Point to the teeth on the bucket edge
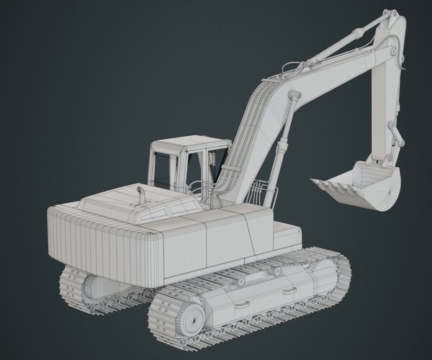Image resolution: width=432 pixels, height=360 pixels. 332,189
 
